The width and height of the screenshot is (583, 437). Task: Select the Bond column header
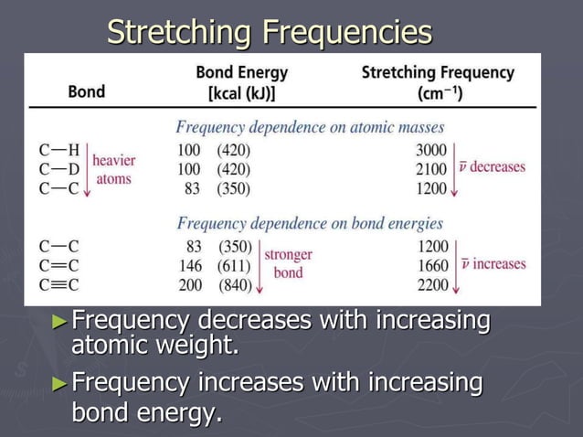86,91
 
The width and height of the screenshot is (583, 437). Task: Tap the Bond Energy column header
241,81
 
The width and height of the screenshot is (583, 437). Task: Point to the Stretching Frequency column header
438,81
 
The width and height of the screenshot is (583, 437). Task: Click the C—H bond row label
59,150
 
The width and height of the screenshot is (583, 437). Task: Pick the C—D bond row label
59,169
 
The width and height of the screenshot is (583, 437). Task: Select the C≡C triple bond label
59,284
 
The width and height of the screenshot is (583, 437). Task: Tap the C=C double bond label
59,265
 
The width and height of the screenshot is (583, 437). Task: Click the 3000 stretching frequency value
431,150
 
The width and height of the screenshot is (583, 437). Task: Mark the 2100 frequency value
431,169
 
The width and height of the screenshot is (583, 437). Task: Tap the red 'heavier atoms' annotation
114,169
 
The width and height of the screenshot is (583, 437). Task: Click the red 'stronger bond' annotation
288,264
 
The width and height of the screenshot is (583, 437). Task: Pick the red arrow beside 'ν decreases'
454,169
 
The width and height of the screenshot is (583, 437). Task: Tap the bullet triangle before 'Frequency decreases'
60,322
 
